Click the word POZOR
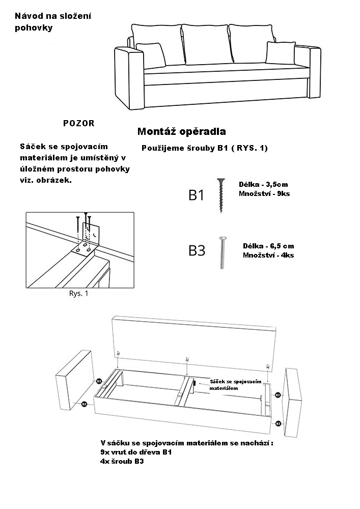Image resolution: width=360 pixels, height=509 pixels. [79, 123]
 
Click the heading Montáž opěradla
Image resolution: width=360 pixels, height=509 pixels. [182, 132]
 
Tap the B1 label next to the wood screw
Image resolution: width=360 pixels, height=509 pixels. [197, 195]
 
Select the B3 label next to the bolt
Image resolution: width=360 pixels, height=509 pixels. [197, 250]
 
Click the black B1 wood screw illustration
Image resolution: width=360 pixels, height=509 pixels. [221, 195]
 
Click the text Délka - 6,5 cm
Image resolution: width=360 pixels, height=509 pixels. [268, 246]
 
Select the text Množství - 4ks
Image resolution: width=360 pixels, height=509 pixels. [268, 255]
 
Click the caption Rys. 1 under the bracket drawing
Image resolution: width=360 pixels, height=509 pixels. [79, 294]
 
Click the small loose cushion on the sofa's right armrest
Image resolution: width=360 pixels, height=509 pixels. [281, 52]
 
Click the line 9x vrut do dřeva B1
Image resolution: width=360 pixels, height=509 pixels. [137, 452]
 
